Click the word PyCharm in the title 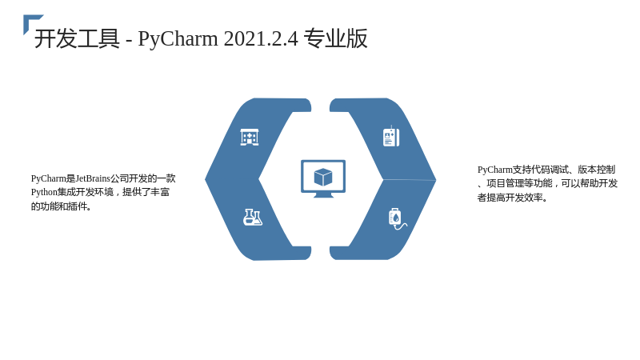178,39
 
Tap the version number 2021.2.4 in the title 262,38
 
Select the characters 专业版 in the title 335,38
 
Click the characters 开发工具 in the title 77,38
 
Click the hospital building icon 250,137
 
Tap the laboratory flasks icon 253,217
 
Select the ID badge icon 391,137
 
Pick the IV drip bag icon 397,219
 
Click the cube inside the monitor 323,177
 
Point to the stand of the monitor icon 323,195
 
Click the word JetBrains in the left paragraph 93,178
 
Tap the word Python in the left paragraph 44,192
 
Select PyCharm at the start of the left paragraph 49,178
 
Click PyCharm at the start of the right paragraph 494,170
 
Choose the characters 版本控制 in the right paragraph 596,170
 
